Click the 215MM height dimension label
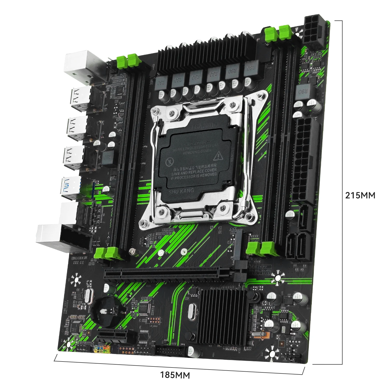coord(360,195)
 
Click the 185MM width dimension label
coord(175,375)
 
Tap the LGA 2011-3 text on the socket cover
coord(205,126)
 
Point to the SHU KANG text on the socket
coord(181,191)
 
